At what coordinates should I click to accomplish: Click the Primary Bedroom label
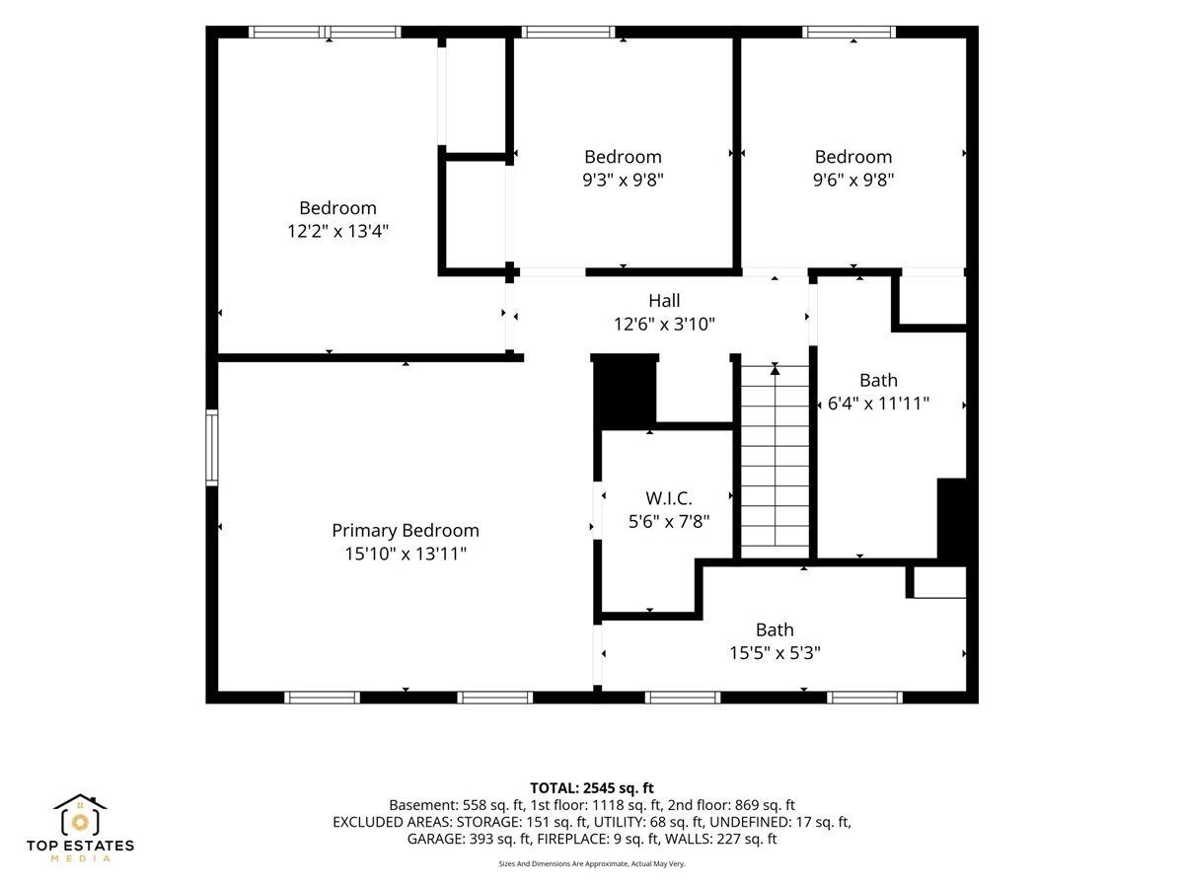point(406,531)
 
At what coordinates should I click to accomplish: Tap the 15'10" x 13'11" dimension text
point(406,554)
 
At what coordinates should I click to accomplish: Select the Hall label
point(664,300)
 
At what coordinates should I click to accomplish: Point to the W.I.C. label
point(668,498)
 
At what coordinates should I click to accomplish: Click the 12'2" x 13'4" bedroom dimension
point(337,231)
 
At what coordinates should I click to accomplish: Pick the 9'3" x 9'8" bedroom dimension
point(623,180)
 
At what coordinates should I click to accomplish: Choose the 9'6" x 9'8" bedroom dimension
point(853,180)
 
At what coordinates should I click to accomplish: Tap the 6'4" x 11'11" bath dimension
point(879,404)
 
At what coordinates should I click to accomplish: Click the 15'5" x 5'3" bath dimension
point(775,653)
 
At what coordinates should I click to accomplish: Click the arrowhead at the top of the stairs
point(776,369)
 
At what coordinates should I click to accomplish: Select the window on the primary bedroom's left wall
point(212,448)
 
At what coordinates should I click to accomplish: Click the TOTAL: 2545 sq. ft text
point(592,788)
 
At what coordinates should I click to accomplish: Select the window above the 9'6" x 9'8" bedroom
point(850,32)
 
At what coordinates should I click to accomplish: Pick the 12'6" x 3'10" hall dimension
point(664,324)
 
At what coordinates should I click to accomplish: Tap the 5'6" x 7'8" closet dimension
point(669,522)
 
